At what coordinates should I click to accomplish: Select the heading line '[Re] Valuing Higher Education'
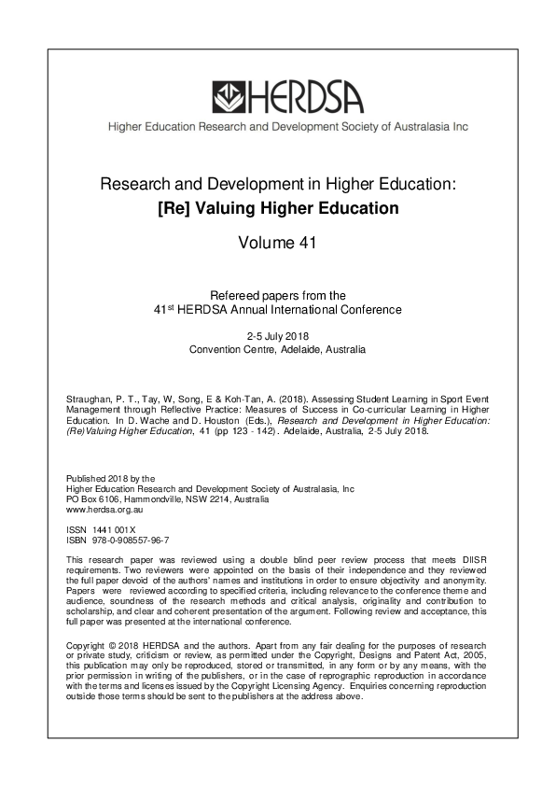click(278, 208)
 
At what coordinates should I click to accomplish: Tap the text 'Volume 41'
click(278, 244)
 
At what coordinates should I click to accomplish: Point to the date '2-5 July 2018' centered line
click(278, 336)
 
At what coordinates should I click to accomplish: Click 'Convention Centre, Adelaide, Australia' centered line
click(278, 350)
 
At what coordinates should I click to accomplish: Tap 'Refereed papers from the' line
click(278, 295)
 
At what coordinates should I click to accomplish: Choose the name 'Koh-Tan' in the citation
click(240, 397)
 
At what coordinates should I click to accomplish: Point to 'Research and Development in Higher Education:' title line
click(278, 185)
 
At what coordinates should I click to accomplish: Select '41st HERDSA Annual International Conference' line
click(278, 309)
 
